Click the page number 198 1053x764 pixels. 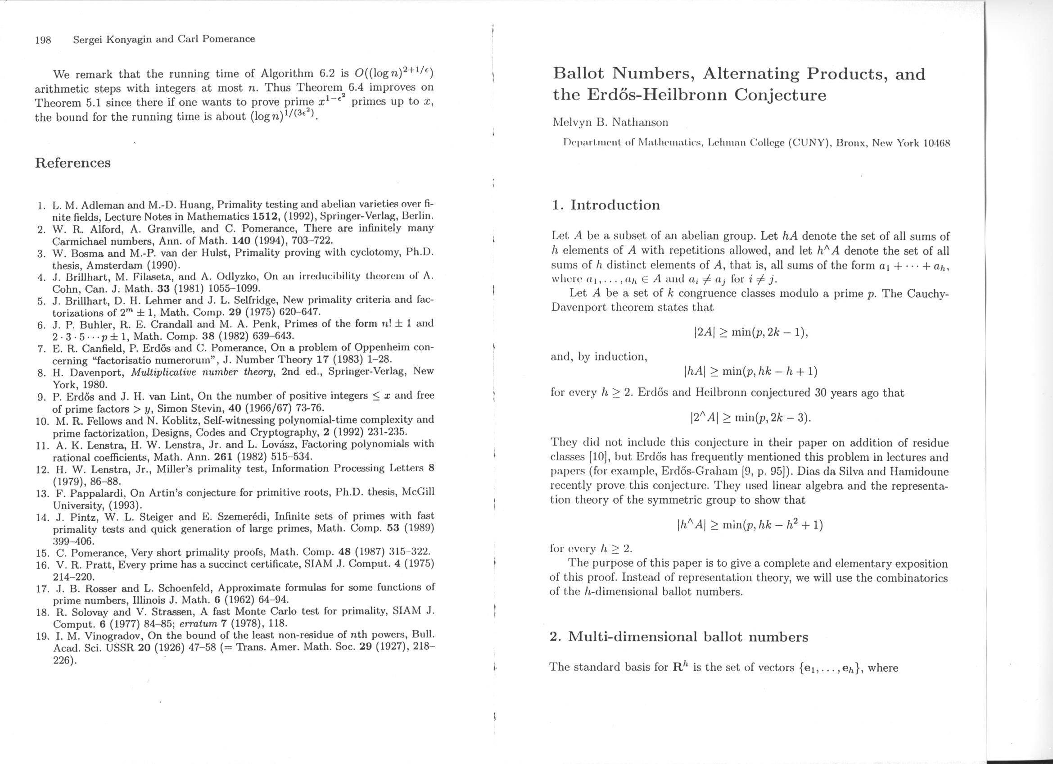coord(43,40)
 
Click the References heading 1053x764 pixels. coord(73,163)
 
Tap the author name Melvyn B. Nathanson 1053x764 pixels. coord(610,123)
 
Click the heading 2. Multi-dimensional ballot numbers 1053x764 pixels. coord(679,637)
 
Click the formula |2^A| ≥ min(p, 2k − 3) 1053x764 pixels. coord(751,418)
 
